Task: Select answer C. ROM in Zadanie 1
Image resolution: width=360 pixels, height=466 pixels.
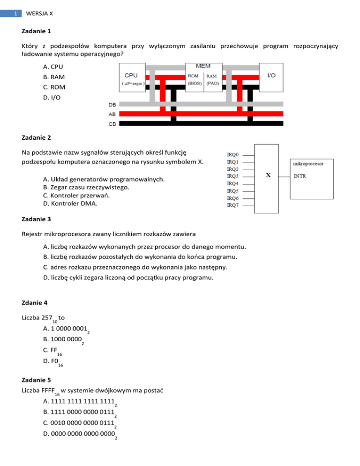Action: coord(53,87)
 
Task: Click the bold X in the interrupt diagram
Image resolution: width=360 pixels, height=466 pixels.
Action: coord(268,175)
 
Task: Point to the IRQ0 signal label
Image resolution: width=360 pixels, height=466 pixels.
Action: coord(233,154)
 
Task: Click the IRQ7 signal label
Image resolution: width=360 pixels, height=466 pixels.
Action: coord(233,205)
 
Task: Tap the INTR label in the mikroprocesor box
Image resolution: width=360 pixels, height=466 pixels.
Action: coord(300,176)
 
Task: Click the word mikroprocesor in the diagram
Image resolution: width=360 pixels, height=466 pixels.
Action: coord(307,164)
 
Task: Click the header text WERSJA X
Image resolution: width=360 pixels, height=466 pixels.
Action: coord(39,14)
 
